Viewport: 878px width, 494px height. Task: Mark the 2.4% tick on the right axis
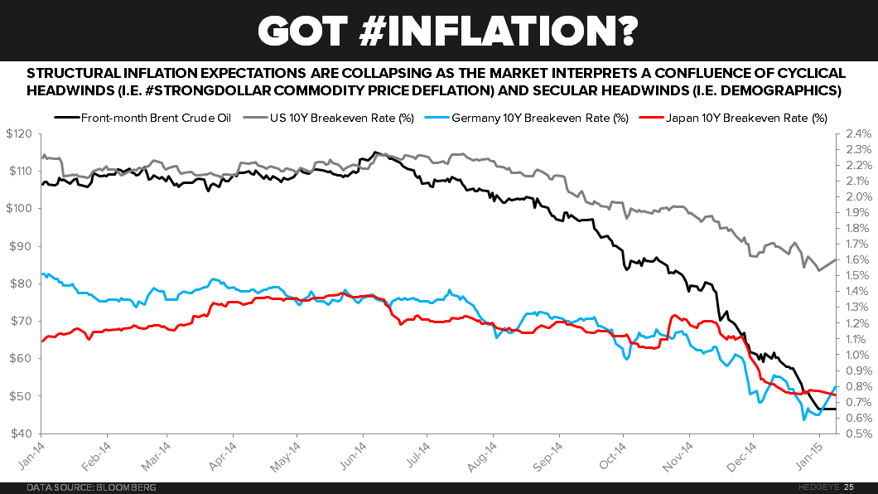point(857,133)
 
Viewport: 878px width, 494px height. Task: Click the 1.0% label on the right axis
point(857,355)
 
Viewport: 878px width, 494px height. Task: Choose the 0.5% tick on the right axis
point(857,433)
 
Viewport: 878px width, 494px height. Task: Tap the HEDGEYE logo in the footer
point(823,487)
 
